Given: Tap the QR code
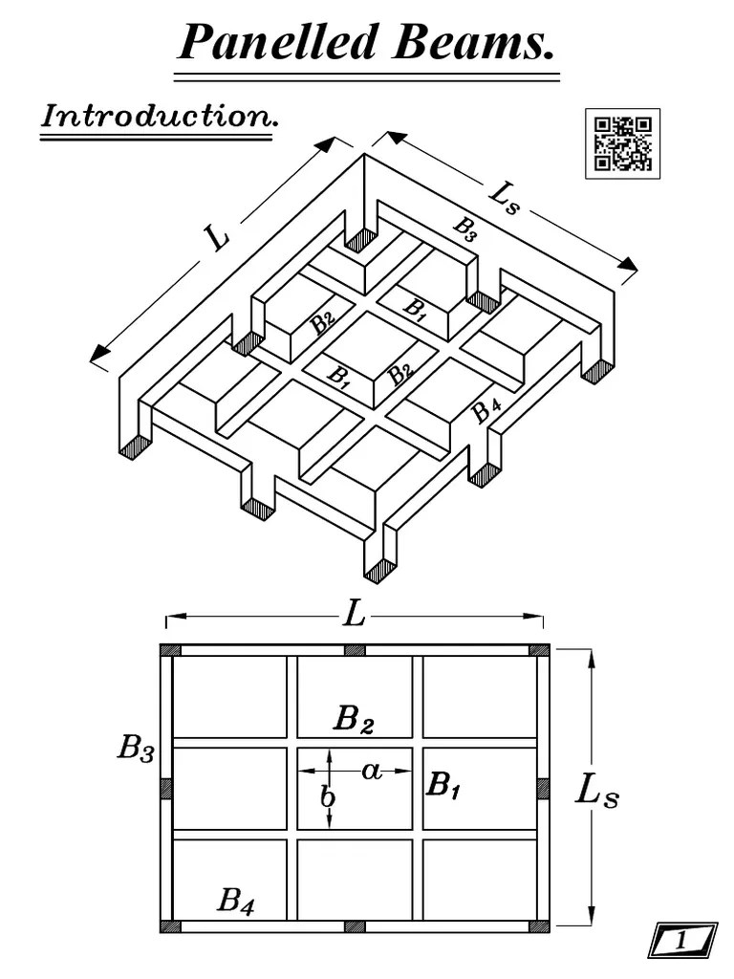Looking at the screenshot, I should tap(622, 143).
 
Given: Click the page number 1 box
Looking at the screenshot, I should tap(682, 941).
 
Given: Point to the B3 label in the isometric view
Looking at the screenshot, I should tap(465, 229).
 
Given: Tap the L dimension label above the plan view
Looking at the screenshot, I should tap(355, 615).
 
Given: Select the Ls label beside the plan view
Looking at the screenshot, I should tap(597, 790).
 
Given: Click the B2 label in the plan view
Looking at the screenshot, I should tap(353, 719).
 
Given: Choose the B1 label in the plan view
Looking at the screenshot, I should tap(443, 785).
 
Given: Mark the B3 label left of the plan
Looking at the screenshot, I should tap(135, 748).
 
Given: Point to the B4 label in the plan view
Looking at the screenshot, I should tap(236, 900).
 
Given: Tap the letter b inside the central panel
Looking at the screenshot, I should tap(327, 795).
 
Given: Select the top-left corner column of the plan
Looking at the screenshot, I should tap(170, 650).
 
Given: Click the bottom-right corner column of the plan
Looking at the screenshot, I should tap(539, 925).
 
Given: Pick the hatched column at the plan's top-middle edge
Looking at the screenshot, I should tap(355, 650).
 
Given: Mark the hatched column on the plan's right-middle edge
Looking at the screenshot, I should tap(542, 788).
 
